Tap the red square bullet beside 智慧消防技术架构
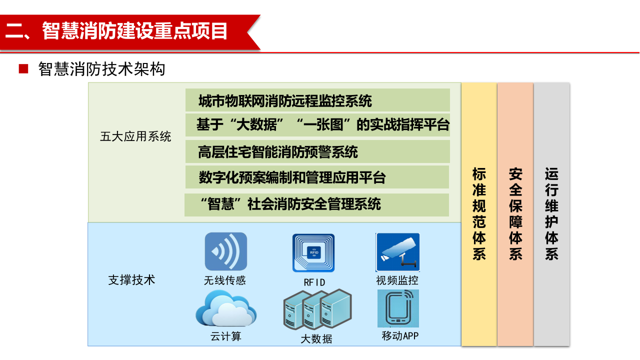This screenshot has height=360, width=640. click(x=23, y=69)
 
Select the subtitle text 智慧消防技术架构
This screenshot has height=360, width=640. click(x=101, y=69)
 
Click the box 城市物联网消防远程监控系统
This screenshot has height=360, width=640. click(x=317, y=100)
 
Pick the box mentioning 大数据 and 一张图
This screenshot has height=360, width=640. click(x=317, y=125)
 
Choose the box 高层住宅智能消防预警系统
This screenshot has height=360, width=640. click(x=317, y=151)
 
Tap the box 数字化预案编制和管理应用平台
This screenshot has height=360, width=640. click(x=317, y=177)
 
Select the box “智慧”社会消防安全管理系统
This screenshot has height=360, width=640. click(x=317, y=204)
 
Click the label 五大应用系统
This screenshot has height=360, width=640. click(x=135, y=136)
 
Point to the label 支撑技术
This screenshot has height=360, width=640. click(x=132, y=280)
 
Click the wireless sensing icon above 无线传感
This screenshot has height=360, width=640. click(x=226, y=251)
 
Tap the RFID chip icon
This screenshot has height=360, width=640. click(x=313, y=253)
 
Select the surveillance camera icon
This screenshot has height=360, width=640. click(x=397, y=252)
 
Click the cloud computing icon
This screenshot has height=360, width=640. click(x=226, y=309)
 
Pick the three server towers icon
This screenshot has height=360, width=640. click(x=317, y=310)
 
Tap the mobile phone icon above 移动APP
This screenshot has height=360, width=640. click(x=398, y=308)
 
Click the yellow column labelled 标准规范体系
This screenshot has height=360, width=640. click(x=479, y=214)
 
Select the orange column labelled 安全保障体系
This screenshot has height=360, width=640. click(x=515, y=214)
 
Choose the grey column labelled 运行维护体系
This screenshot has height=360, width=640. click(x=551, y=214)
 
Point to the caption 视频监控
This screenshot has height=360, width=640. click(x=397, y=280)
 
